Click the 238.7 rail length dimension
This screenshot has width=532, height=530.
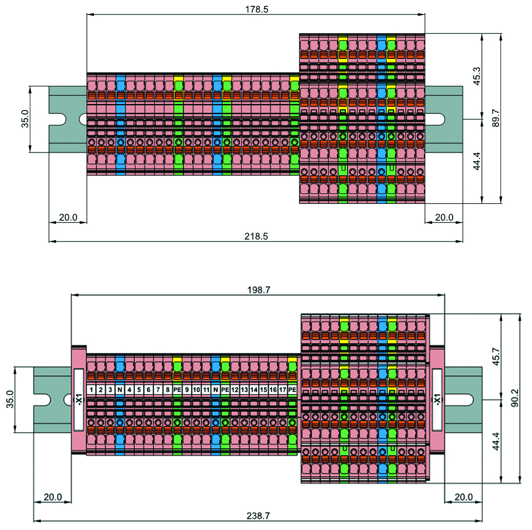pos(258,516)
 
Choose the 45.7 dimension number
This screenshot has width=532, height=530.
pos(495,357)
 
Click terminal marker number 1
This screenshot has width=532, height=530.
pos(92,390)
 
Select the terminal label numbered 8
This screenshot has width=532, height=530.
pos(168,390)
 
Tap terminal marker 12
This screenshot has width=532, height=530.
pos(235,390)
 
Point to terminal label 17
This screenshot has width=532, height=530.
pos(283,390)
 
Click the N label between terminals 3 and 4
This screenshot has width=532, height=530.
pos(120,390)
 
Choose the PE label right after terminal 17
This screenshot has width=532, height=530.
pos(293,390)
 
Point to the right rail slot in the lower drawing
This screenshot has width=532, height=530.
pos(463,400)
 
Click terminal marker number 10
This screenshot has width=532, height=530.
pos(196,390)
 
